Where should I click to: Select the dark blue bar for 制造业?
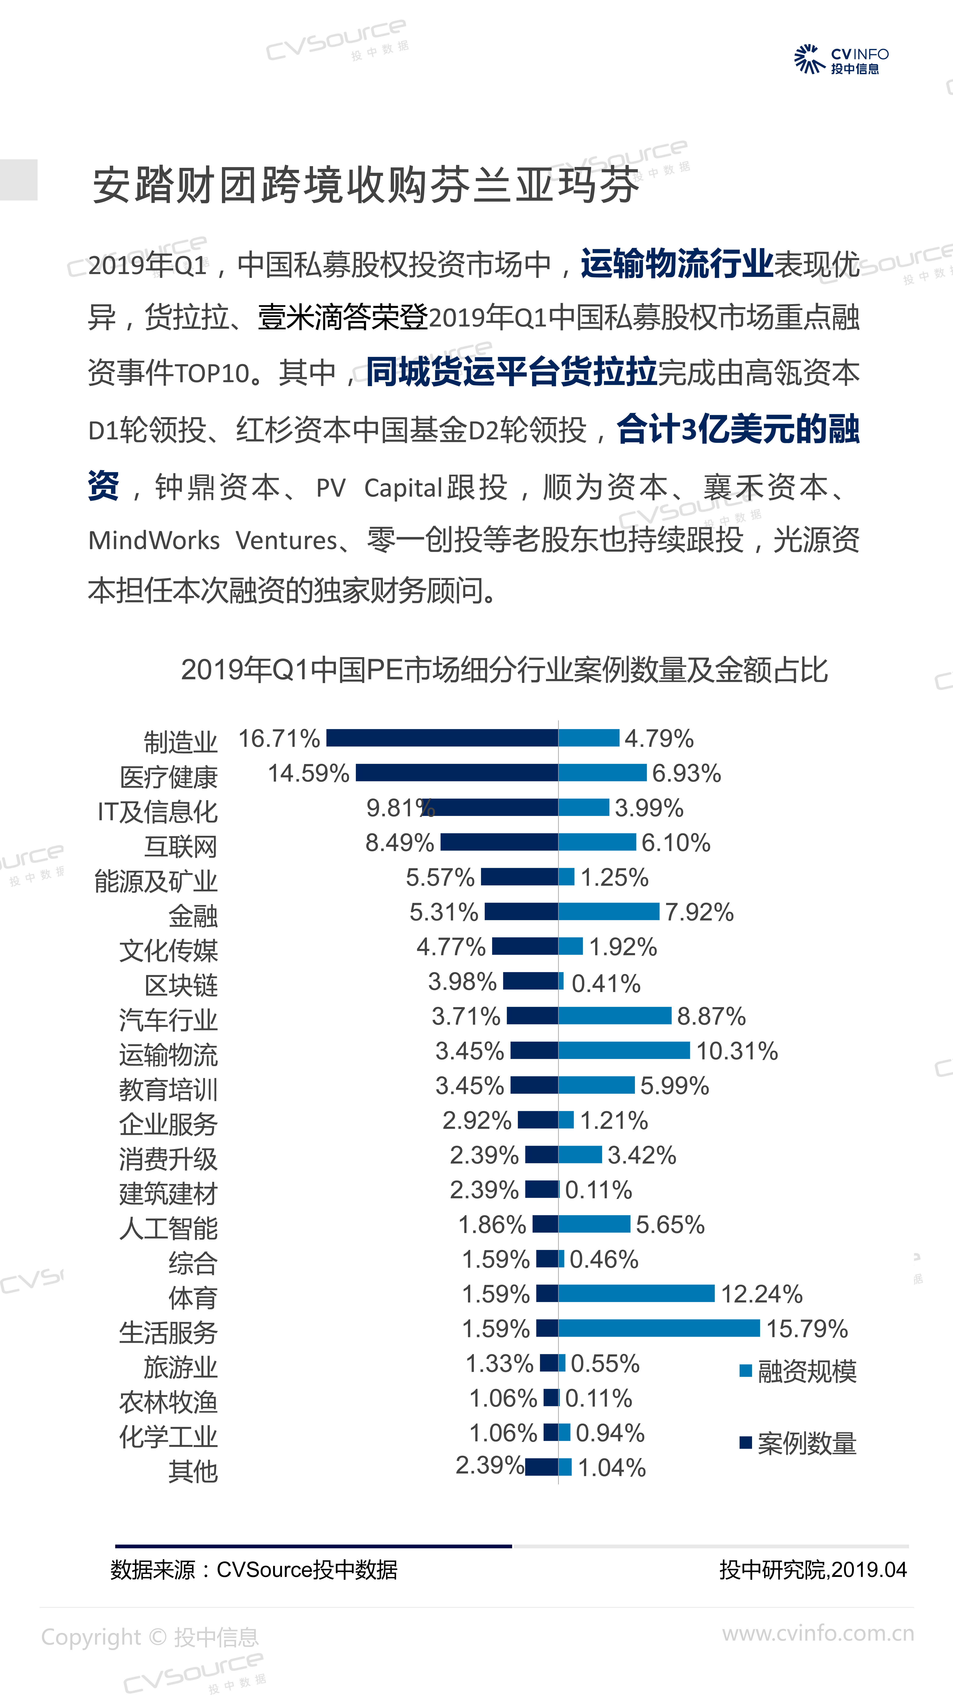click(442, 738)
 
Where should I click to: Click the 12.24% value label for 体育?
click(762, 1294)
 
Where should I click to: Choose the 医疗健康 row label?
click(168, 777)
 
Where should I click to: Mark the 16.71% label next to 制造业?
click(279, 738)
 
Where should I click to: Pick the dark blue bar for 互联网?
click(499, 842)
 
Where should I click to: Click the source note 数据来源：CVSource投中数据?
click(254, 1570)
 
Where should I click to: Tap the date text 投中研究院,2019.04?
click(813, 1570)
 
